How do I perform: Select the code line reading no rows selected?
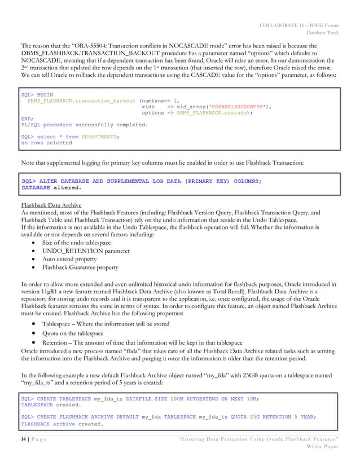46,143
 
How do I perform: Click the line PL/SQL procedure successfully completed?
84,125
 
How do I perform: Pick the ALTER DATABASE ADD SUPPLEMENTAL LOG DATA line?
141,181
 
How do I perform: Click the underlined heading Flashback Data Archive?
51,205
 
